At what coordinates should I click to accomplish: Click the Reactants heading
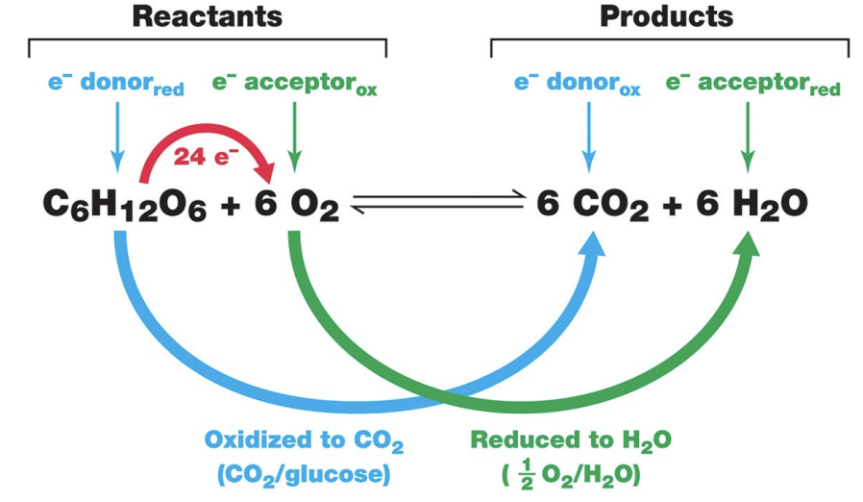coord(207,16)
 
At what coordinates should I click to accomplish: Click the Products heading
coord(665,16)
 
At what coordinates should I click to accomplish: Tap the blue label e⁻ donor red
coord(114,84)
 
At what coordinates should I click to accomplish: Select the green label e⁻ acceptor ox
coord(294,84)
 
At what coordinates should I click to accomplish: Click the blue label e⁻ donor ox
coord(577,84)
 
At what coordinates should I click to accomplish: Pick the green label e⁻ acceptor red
coord(752,84)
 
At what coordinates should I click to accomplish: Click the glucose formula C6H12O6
coord(124,205)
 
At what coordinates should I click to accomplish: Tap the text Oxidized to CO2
coord(304,441)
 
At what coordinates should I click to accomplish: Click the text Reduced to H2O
coord(570,441)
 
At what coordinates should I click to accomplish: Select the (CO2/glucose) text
coord(304,474)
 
